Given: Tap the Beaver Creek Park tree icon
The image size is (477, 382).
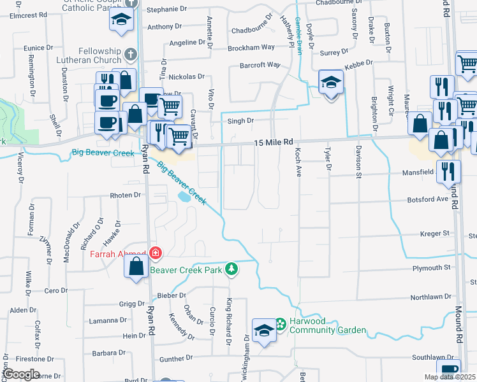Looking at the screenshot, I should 233,269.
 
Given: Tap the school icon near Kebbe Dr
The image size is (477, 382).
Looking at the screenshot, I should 331,83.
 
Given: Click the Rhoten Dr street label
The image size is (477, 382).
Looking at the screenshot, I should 125,195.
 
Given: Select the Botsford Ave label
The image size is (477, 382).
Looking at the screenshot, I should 429,199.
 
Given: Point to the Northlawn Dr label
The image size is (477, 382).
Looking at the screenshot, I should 430,297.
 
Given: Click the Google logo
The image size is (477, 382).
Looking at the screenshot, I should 20,374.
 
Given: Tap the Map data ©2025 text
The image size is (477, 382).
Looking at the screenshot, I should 450,377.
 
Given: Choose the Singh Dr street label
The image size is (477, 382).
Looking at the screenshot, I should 241,120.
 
